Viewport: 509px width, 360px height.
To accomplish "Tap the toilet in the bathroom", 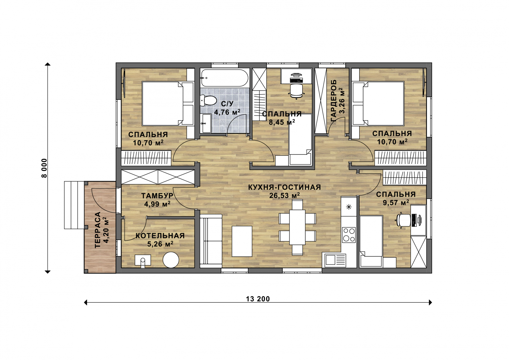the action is coord(208,100).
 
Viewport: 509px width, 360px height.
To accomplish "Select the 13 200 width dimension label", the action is coord(258,299).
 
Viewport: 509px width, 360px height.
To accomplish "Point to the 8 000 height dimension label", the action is coord(44,168).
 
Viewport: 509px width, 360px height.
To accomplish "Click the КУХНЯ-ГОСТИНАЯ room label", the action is coord(284,187).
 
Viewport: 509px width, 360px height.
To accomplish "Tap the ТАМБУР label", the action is coord(157,196).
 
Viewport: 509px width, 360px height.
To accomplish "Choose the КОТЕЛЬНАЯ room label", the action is coord(160,236).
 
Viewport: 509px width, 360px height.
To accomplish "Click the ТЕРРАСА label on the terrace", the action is coord(98,230).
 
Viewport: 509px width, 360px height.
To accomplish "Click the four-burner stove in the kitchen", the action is coord(349,235).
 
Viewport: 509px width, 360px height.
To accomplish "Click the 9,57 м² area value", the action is coord(396,203).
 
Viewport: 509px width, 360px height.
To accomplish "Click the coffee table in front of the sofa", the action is coord(242,241).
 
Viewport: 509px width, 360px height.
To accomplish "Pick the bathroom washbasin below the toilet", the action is coord(206,123).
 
